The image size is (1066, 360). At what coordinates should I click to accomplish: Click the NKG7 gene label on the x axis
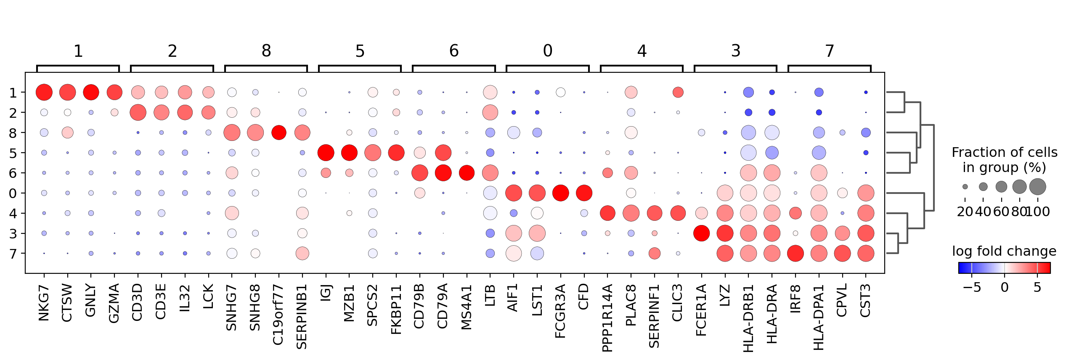pos(44,302)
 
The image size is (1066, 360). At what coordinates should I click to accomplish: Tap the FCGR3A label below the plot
pos(560,311)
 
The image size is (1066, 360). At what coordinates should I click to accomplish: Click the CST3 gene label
pos(865,301)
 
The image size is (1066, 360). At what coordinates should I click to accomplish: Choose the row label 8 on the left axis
pos(13,133)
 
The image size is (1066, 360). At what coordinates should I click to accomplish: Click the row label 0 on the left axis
pos(13,193)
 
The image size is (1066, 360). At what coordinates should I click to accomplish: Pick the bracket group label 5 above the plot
pos(360,51)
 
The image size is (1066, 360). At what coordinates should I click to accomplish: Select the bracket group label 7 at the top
pos(829,51)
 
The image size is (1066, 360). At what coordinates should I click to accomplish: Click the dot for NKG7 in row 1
pos(44,93)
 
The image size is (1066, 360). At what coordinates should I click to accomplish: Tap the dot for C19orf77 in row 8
pos(279,133)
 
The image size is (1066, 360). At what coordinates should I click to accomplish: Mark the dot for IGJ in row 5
pos(326,153)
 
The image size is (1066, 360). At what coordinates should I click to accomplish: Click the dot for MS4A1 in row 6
pos(467,173)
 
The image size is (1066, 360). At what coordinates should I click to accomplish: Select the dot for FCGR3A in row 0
pos(560,193)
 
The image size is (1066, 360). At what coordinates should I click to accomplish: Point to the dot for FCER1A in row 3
pos(701,233)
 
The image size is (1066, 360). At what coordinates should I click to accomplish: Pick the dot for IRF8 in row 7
pos(795,254)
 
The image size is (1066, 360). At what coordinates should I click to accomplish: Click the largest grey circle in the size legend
pos(1038,187)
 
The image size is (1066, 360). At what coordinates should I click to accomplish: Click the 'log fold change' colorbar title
pos(1004,251)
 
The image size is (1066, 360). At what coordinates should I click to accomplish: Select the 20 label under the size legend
pos(965,212)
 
